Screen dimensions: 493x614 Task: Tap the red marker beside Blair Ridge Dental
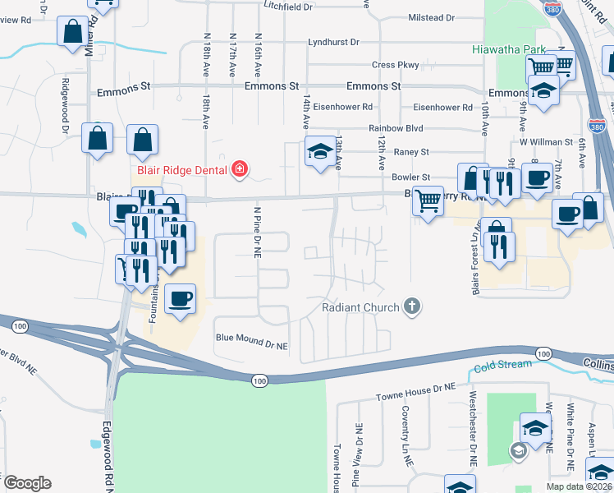coord(239,170)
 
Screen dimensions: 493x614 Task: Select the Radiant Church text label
coord(360,307)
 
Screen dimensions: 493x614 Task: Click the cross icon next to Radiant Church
coord(413,307)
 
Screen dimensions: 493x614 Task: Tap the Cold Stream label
coord(502,364)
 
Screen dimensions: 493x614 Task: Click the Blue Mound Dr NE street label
coord(252,337)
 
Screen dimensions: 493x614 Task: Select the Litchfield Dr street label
coord(289,6)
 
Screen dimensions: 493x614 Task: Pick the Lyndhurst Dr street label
coord(334,42)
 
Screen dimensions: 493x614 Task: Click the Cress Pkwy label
coord(396,65)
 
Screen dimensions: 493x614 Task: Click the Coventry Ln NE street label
coord(406,437)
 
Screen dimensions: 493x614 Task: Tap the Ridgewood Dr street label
coord(63,104)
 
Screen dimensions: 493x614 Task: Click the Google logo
coord(27,482)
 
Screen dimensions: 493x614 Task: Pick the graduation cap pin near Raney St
coord(320,151)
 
